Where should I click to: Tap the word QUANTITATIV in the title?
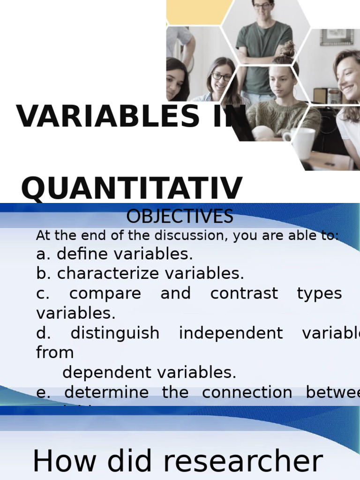click(x=132, y=189)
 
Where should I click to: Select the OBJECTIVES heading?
click(x=180, y=217)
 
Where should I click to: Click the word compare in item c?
click(x=105, y=293)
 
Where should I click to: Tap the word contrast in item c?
click(x=244, y=293)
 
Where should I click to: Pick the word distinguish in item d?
click(x=115, y=333)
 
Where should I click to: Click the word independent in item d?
click(x=231, y=333)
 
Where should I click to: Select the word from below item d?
click(x=55, y=352)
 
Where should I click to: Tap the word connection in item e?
click(x=247, y=392)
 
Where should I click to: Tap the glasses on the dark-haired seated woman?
click(x=221, y=76)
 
